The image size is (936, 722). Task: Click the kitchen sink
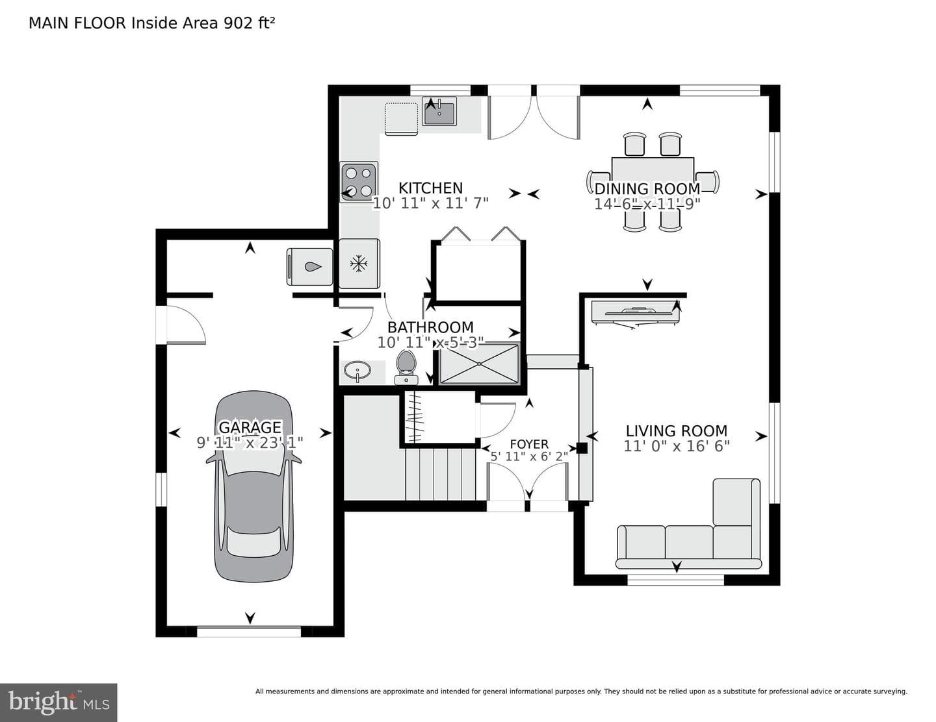(x=439, y=112)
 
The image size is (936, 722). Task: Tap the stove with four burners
(x=358, y=182)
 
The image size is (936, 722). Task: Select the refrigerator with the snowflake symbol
(x=359, y=264)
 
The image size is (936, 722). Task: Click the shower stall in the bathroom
(x=480, y=364)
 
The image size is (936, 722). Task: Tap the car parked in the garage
(x=253, y=487)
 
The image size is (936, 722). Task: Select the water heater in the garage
(x=309, y=267)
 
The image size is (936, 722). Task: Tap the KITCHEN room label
(x=430, y=188)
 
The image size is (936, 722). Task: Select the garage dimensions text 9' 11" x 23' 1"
(x=250, y=442)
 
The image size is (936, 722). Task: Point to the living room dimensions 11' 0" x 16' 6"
(x=676, y=446)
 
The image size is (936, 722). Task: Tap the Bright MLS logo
(x=58, y=703)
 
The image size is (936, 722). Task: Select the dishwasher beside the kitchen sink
(x=401, y=119)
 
